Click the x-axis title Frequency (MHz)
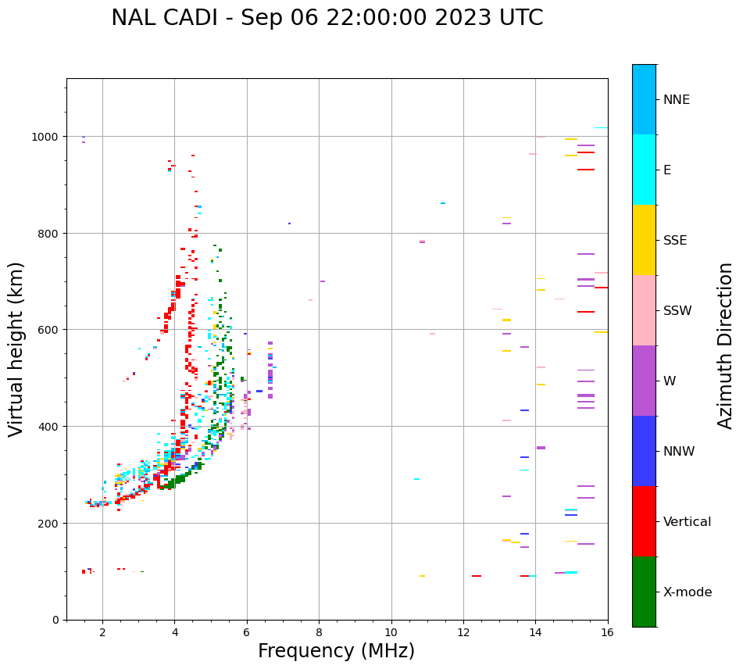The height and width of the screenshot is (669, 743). coord(336,651)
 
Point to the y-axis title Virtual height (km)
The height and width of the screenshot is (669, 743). coord(16,349)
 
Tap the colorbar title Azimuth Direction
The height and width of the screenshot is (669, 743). coord(726,345)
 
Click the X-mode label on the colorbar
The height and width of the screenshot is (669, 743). coord(688,592)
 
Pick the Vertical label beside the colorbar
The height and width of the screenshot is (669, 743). coord(688,522)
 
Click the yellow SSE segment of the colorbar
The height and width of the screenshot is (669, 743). coord(644,240)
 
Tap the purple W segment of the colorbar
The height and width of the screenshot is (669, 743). coord(644,381)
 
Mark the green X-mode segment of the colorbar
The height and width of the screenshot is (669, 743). coord(644,592)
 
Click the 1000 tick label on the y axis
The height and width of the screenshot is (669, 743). coord(44,137)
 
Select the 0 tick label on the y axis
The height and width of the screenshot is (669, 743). coord(55,620)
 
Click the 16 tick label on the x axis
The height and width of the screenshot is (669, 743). coord(607,632)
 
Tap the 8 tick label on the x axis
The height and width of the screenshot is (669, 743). coord(319,632)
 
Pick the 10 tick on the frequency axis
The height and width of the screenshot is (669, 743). coord(391,632)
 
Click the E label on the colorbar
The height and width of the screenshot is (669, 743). coord(667,170)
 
